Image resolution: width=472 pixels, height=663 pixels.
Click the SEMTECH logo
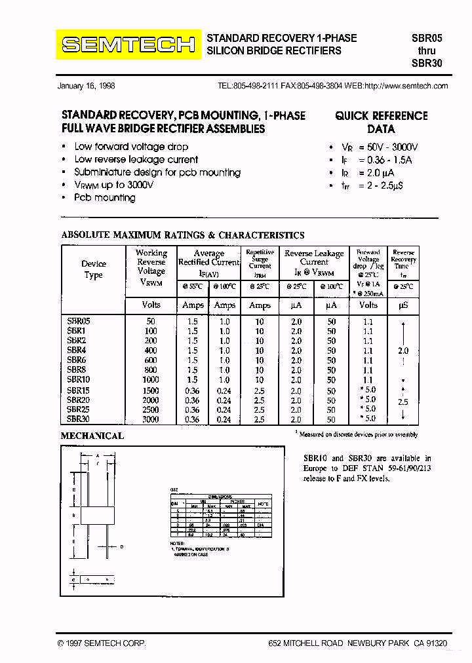tap(127, 45)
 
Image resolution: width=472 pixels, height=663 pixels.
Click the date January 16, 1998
tap(87, 86)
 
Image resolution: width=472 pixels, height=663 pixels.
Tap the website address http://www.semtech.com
tap(406, 86)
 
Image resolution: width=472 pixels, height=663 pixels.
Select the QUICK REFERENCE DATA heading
tap(381, 122)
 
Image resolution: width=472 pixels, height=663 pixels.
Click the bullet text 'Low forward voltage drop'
tap(131, 147)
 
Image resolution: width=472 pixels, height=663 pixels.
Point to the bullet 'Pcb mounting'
tap(105, 197)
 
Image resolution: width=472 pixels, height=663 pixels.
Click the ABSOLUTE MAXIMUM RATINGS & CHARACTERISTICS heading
tap(182, 235)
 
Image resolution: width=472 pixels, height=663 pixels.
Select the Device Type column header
tap(93, 269)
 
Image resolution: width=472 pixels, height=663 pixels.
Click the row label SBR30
tap(78, 419)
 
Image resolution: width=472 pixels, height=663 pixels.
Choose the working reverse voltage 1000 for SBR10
tap(151, 379)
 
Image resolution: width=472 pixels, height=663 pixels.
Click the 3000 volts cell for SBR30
tap(151, 419)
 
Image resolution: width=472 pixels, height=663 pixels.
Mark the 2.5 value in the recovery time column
tap(403, 402)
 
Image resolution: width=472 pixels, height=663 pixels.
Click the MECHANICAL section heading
tap(92, 436)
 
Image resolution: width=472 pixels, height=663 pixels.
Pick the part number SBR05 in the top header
tap(427, 38)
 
